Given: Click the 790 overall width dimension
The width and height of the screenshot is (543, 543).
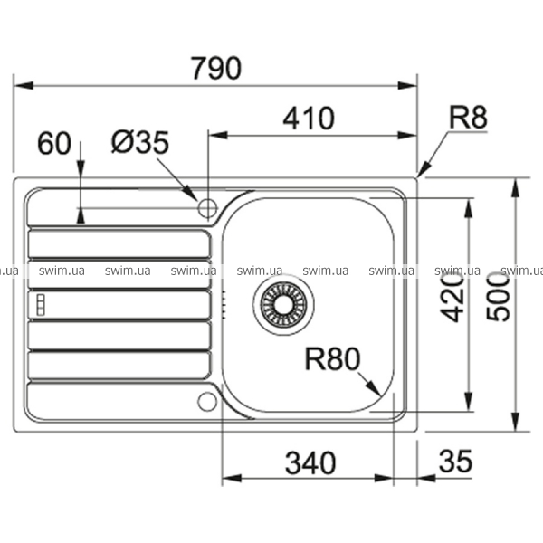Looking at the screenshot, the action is pyautogui.click(x=216, y=68).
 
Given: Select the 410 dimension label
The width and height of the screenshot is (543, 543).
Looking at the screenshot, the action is pyautogui.click(x=309, y=119).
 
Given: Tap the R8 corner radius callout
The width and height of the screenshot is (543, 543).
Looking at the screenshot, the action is pyautogui.click(x=468, y=118).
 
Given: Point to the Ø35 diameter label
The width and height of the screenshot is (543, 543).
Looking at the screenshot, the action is pyautogui.click(x=140, y=142).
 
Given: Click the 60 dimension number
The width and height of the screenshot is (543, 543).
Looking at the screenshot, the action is pyautogui.click(x=53, y=143).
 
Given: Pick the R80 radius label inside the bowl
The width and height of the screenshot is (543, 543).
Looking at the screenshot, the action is pyautogui.click(x=332, y=359).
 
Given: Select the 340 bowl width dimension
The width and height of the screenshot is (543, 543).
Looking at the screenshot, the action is pyautogui.click(x=310, y=462).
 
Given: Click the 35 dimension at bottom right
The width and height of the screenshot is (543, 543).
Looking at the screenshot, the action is pyautogui.click(x=455, y=461).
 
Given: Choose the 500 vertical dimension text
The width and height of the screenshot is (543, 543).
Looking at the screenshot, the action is pyautogui.click(x=499, y=297).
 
